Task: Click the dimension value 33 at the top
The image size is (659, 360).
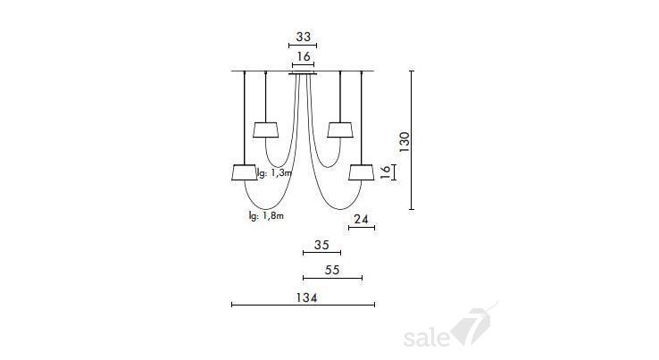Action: pyautogui.click(x=303, y=37)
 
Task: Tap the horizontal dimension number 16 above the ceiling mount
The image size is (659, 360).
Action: pyautogui.click(x=303, y=56)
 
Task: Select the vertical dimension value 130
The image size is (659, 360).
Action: pyautogui.click(x=405, y=142)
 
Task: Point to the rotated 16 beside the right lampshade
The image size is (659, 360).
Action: pyautogui.click(x=386, y=172)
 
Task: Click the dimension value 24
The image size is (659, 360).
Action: pyautogui.click(x=361, y=219)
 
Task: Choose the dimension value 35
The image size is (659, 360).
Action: pyautogui.click(x=321, y=245)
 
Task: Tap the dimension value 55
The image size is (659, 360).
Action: pyautogui.click(x=332, y=270)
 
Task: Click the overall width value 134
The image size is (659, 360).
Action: pyautogui.click(x=306, y=297)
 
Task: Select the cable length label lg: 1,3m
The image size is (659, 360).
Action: pyautogui.click(x=274, y=172)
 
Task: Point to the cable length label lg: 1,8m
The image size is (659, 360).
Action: pyautogui.click(x=266, y=216)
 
